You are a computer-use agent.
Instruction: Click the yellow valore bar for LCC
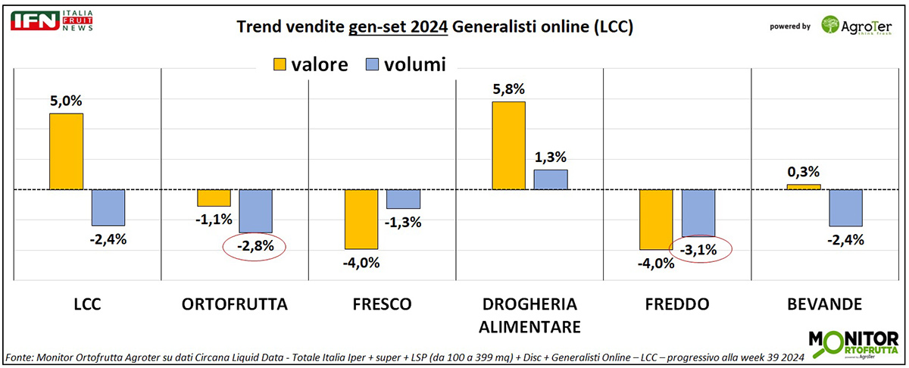point(66,151)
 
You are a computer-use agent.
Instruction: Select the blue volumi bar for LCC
point(108,207)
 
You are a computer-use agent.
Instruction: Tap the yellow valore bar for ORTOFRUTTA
point(214,198)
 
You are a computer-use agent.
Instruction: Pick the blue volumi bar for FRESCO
point(404,198)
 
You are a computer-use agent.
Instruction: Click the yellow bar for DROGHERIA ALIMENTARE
point(508,145)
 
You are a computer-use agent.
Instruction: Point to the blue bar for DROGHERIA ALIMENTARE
point(551,179)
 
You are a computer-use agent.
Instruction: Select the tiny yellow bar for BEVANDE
point(804,186)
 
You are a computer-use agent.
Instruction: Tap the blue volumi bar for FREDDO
point(698,213)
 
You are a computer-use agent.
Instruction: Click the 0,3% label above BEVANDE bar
point(804,172)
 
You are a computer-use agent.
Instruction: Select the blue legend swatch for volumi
point(373,65)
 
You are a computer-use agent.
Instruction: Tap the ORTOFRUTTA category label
point(235,305)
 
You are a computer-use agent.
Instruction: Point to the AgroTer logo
point(856,25)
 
